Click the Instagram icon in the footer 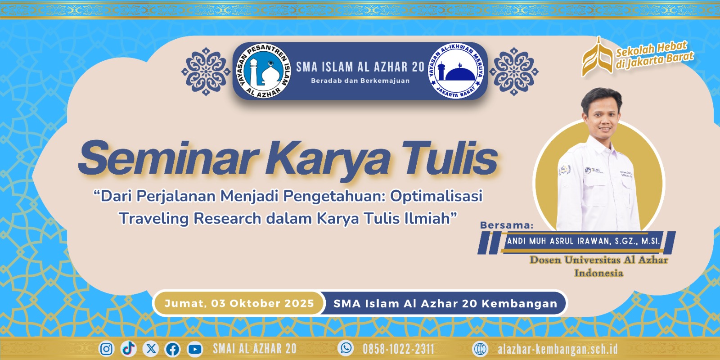[x=106, y=349]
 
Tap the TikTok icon [x=129, y=349]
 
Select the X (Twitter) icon [x=150, y=349]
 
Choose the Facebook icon [x=173, y=349]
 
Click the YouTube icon [x=195, y=349]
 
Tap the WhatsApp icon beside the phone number [x=346, y=348]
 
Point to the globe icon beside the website [x=480, y=349]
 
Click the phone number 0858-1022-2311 [x=399, y=349]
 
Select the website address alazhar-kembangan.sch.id [x=558, y=349]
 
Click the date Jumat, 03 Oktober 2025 [x=239, y=303]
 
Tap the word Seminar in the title [x=168, y=158]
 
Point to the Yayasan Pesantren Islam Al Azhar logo [x=264, y=71]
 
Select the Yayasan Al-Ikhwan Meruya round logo [x=456, y=71]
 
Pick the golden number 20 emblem [x=597, y=57]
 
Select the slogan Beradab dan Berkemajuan [x=360, y=81]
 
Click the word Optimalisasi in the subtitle [x=436, y=196]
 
